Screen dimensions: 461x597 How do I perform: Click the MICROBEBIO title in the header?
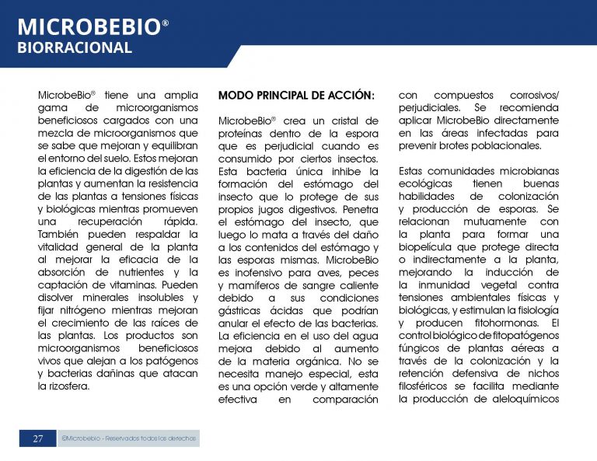pos(88,27)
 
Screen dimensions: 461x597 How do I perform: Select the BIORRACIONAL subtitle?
pos(75,48)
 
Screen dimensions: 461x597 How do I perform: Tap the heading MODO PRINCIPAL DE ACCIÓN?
pos(296,96)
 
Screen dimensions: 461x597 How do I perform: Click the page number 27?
pos(38,439)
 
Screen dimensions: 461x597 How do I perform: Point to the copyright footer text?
pos(129,439)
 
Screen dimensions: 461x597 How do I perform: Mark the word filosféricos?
pos(427,386)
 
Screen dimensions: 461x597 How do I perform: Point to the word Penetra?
pos(358,209)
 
